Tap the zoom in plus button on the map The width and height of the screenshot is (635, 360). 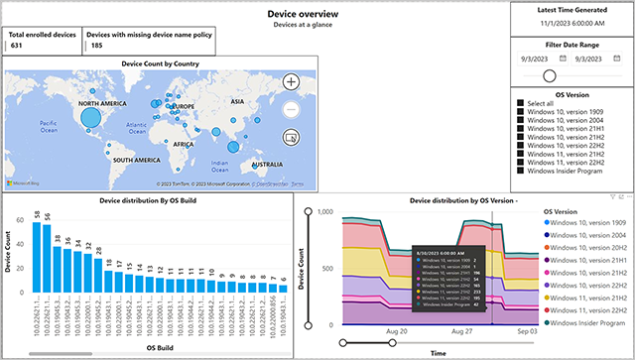291,82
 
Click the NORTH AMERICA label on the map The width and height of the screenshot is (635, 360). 103,103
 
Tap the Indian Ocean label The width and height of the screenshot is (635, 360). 225,165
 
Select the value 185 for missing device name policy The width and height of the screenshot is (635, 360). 96,45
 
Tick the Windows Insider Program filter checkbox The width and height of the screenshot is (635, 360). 520,171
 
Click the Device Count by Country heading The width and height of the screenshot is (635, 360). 160,62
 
